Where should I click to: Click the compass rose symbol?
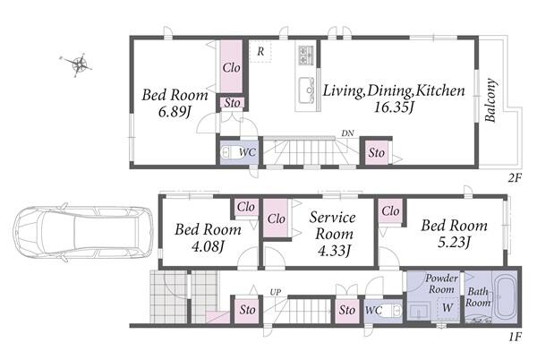coord(80,64)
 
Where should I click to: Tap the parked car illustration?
coord(83,234)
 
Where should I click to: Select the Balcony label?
coord(490,100)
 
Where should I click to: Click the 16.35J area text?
coord(394,107)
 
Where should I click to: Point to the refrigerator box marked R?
coord(260,51)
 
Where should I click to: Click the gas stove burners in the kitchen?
coord(306,56)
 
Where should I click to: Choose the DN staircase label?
coord(347,133)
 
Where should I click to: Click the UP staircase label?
coord(276,292)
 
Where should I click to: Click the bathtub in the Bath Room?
coord(506,296)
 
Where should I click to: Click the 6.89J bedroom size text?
coord(175,112)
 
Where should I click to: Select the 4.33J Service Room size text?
coord(334,251)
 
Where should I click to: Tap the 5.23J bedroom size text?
coord(454,242)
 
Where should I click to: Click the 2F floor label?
coord(515,178)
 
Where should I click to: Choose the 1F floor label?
coord(515,337)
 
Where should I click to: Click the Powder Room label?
coord(441,284)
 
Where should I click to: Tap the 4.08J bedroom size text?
coord(208,246)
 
